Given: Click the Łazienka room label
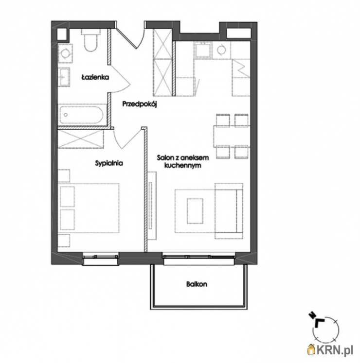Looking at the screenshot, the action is click(95, 77).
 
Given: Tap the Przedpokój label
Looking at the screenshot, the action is click(140, 104).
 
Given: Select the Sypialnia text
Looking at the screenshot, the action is click(109, 163).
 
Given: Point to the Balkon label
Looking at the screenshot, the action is click(197, 284).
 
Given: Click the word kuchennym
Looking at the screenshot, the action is click(182, 166).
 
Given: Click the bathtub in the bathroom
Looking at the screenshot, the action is click(82, 115).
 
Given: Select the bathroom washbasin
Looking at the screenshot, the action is click(64, 77).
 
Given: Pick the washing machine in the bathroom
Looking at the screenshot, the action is click(65, 53).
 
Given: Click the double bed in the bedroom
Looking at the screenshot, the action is click(89, 208).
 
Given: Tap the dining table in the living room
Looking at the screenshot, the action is click(232, 136).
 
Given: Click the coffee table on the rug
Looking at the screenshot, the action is click(195, 211).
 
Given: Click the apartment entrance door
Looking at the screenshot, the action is click(130, 37).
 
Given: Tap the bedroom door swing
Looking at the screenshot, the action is click(127, 139).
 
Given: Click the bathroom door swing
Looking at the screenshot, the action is click(120, 79).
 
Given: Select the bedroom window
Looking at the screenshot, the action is click(101, 259).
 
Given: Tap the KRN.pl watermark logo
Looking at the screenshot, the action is click(330, 350).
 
